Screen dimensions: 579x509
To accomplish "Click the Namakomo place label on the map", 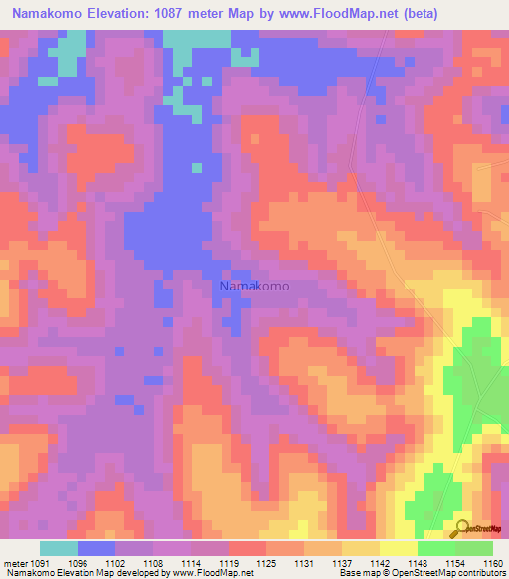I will click(254, 286).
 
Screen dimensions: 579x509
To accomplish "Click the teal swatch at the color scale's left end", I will click(59, 548).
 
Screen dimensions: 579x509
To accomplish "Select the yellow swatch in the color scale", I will click(399, 548).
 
